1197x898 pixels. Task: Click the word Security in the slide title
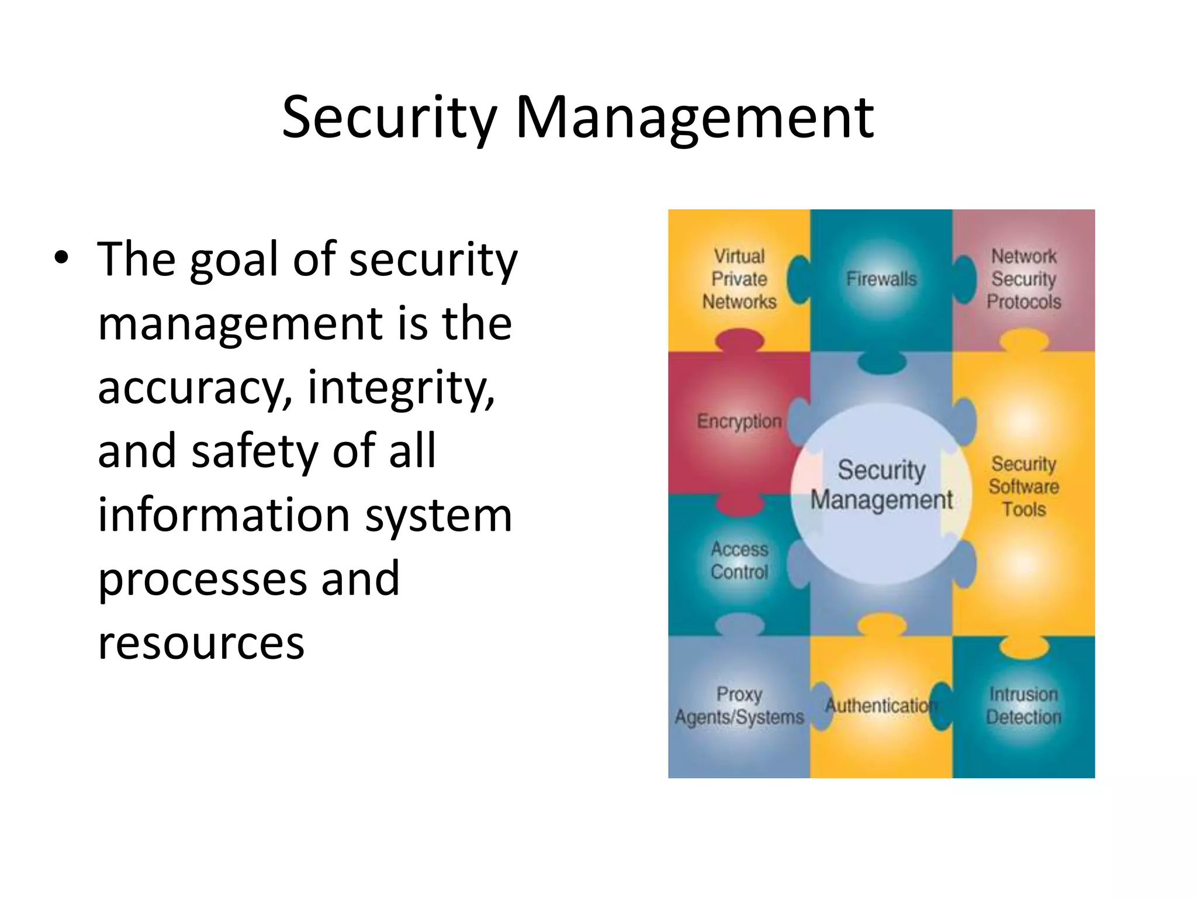point(389,118)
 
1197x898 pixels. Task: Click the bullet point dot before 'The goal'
point(61,257)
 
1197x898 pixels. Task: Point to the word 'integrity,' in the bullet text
point(401,388)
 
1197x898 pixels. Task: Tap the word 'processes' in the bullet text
point(202,579)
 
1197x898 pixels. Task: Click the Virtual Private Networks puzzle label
point(739,279)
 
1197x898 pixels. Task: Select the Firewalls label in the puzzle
point(881,279)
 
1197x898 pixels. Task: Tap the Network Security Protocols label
point(1024,279)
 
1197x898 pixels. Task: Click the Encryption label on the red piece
point(739,421)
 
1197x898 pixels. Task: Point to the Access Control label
point(739,561)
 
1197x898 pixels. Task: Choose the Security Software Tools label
point(1024,486)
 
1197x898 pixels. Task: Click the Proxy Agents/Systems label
point(739,706)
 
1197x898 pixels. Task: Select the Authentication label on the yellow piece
point(880,706)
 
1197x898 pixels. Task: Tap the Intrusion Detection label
point(1024,706)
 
